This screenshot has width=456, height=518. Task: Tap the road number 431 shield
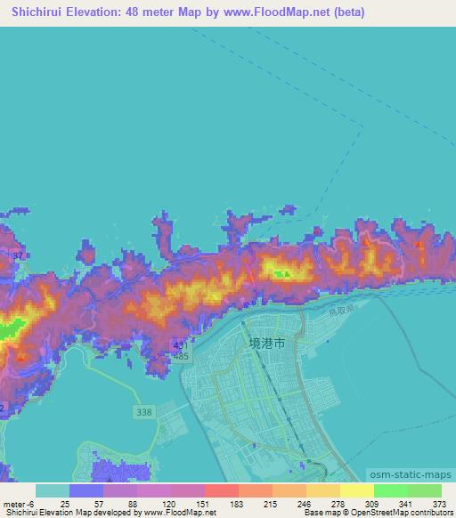pyautogui.click(x=181, y=345)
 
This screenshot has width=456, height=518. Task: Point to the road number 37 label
pyautogui.click(x=17, y=256)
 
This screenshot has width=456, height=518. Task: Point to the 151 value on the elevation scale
pyautogui.click(x=205, y=503)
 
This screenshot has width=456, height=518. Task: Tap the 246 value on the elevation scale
pyautogui.click(x=306, y=503)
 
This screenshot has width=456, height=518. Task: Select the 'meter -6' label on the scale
pyautogui.click(x=20, y=503)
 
